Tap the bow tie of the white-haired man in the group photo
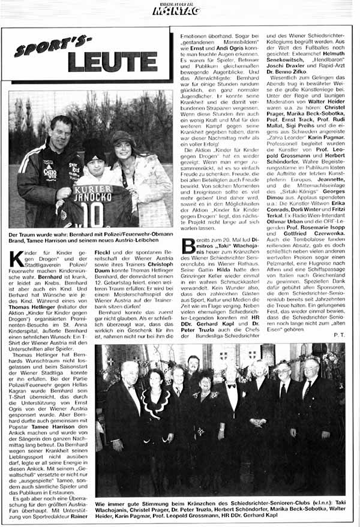[x=231, y=387]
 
